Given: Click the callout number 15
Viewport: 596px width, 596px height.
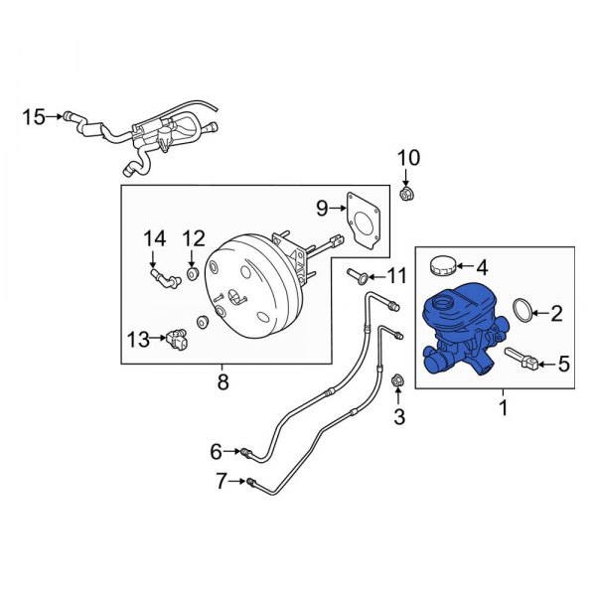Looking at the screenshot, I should (x=33, y=117).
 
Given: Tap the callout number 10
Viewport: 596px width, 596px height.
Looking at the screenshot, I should (x=409, y=158).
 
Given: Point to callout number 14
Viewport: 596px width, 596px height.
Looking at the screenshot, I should (x=153, y=238).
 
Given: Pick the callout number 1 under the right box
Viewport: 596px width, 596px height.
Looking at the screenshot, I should (x=503, y=407).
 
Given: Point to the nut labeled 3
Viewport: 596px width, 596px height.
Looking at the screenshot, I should (x=398, y=380).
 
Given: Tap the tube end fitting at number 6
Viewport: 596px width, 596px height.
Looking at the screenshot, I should (x=245, y=454).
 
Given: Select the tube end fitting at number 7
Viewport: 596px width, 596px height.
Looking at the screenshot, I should (x=255, y=484).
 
